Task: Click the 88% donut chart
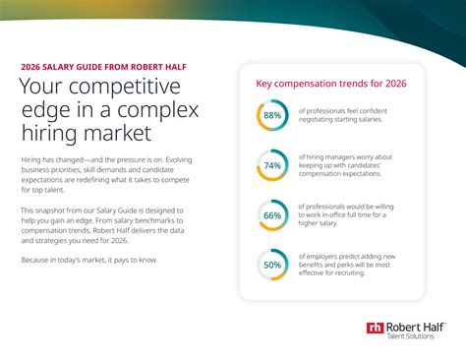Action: [272, 116]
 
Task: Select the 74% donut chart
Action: [272, 166]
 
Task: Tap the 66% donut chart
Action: [272, 215]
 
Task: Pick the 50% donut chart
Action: [272, 266]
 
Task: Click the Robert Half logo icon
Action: [374, 329]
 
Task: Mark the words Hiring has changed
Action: [51, 159]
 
